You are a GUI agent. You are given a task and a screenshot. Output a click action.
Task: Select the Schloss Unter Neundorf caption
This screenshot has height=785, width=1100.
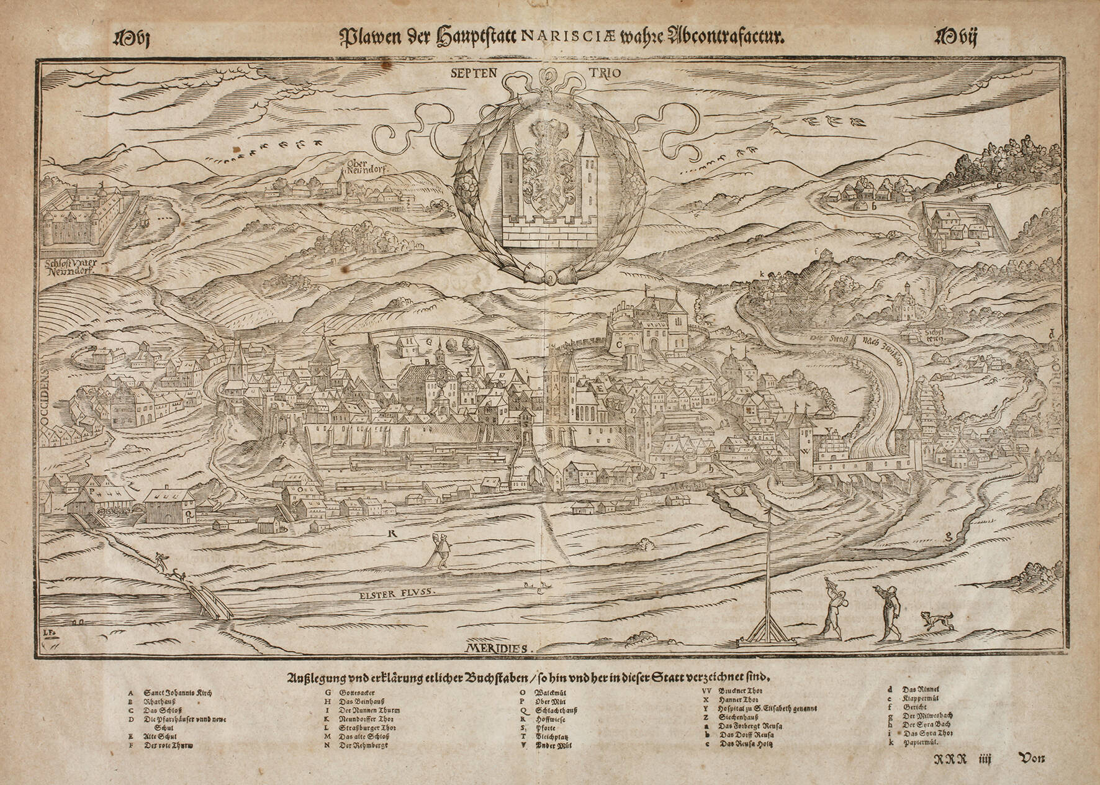(72, 266)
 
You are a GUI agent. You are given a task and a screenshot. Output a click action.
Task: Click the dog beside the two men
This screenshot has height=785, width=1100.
(935, 620)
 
